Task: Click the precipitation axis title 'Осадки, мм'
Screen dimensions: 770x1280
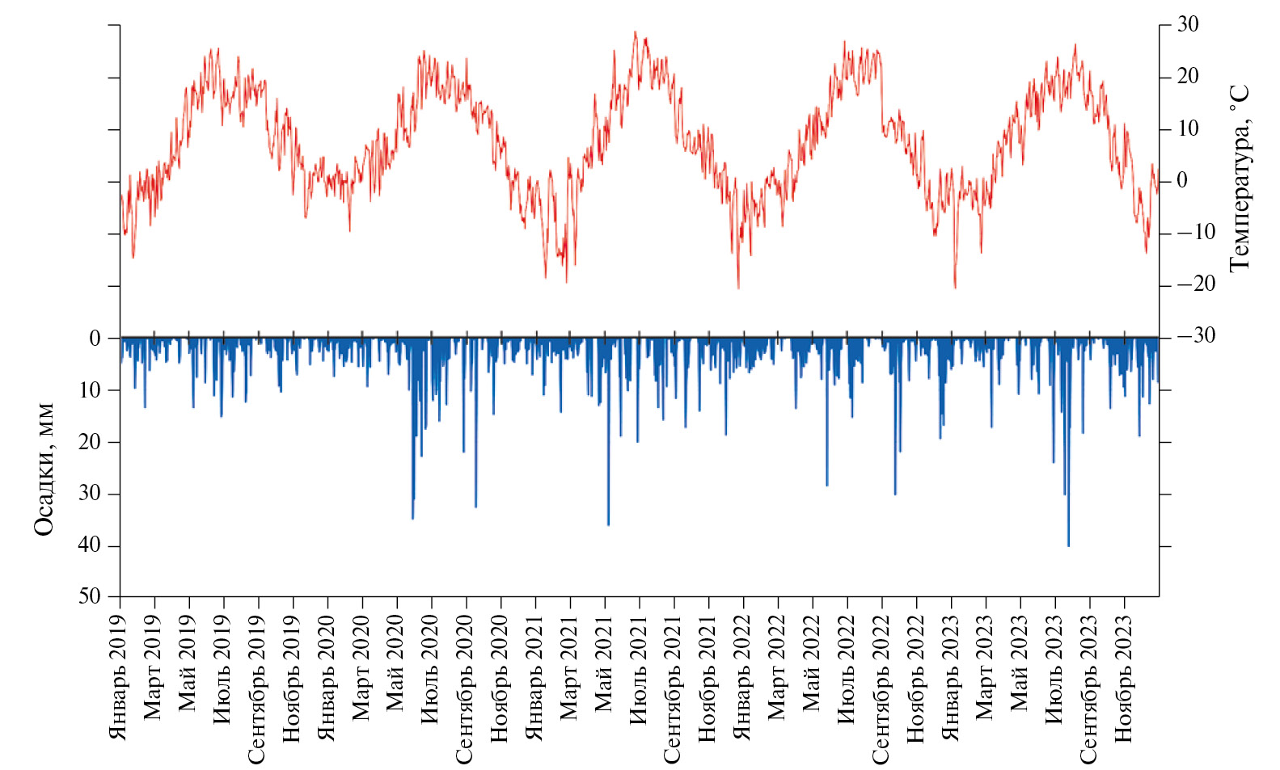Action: pyautogui.click(x=44, y=469)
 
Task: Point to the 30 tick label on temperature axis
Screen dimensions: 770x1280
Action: pyautogui.click(x=1188, y=24)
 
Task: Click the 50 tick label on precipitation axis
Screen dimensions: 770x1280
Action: pyautogui.click(x=90, y=596)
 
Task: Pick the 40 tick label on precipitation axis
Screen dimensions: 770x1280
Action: pyautogui.click(x=90, y=545)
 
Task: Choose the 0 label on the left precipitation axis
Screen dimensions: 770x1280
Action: pyautogui.click(x=95, y=339)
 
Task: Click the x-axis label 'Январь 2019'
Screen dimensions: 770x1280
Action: pyautogui.click(x=119, y=677)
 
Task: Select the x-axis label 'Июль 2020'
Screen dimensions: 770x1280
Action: pyautogui.click(x=431, y=669)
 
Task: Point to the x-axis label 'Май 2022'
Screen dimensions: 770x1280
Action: pyautogui.click(x=813, y=663)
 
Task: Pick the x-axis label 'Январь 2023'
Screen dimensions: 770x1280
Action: pyautogui.click(x=951, y=677)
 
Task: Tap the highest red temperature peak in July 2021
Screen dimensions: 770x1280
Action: pyautogui.click(x=635, y=33)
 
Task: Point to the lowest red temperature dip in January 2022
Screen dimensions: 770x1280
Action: pyautogui.click(x=737, y=287)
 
